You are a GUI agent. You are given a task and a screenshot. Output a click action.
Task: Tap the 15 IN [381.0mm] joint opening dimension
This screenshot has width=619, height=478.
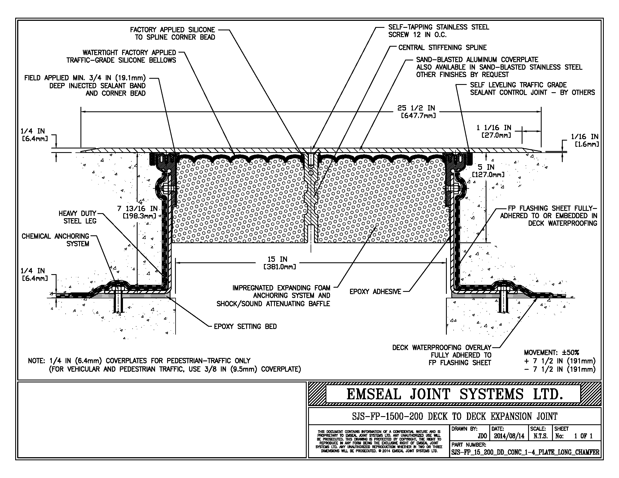[x=279, y=263]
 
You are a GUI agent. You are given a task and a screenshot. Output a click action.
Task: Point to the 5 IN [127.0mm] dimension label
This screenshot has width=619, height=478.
[x=488, y=171]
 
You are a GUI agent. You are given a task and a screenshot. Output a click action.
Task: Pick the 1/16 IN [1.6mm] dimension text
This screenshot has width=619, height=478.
[x=585, y=141]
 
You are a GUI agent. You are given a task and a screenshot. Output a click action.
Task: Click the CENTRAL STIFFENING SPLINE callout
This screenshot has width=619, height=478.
[x=442, y=48]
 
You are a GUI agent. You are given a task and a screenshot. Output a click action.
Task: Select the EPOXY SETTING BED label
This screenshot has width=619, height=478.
[x=245, y=326]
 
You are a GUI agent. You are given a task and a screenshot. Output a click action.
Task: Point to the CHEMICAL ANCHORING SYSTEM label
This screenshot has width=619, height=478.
[x=55, y=240]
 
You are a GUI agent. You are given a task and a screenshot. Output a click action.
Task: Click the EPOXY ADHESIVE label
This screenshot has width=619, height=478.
[x=375, y=292]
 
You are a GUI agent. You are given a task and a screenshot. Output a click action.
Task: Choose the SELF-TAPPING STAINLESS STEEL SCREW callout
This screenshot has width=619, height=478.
[x=438, y=31]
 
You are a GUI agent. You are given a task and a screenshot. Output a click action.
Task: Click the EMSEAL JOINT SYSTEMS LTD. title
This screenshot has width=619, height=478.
[x=454, y=394]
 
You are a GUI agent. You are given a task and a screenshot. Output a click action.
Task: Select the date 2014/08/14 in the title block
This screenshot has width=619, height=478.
[x=509, y=436]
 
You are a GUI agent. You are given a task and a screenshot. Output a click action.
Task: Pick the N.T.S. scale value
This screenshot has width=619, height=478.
[x=540, y=436]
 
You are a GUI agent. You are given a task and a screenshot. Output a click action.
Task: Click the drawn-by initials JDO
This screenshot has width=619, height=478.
[x=482, y=436]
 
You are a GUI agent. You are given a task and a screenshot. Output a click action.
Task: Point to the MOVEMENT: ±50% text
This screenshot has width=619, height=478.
[x=551, y=353]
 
